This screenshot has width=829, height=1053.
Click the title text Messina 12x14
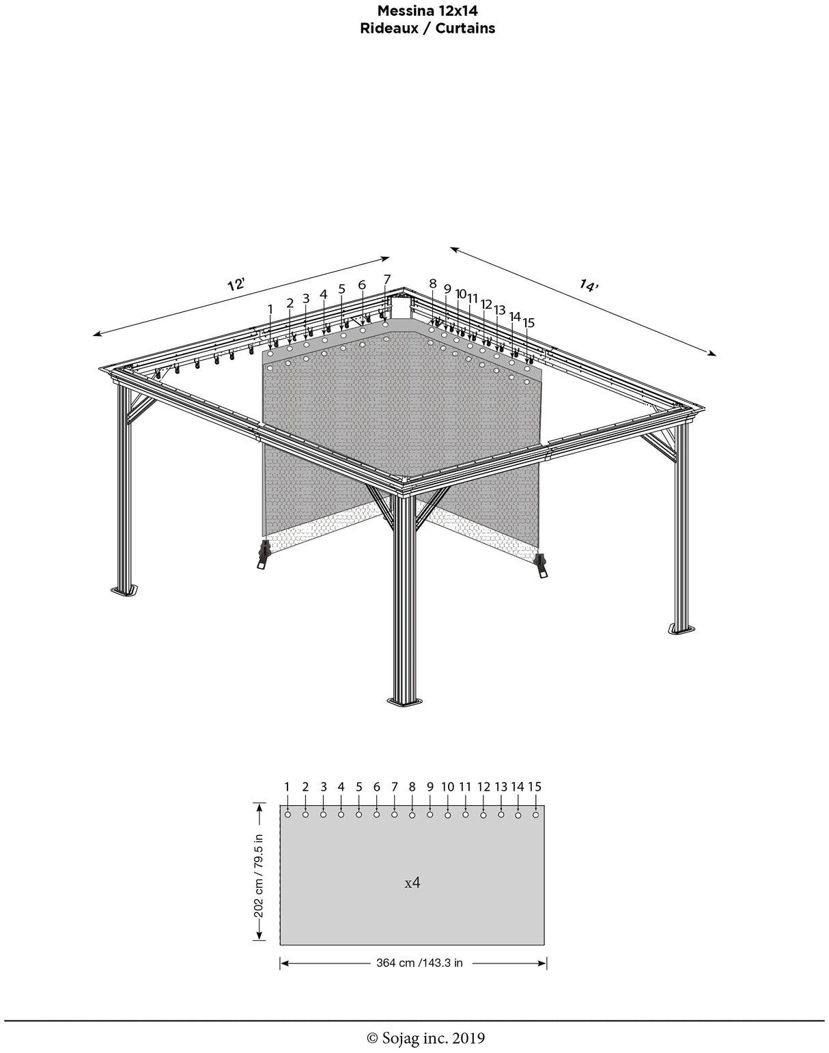[x=427, y=11]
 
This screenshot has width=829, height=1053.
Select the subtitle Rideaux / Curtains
[x=427, y=28]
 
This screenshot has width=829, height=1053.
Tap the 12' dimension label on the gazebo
[x=236, y=284]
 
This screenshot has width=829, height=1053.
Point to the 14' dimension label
[x=588, y=285]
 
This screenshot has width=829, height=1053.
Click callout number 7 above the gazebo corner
[x=387, y=279]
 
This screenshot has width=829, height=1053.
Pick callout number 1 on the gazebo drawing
[x=270, y=309]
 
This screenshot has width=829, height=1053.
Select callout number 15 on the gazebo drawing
[x=529, y=322]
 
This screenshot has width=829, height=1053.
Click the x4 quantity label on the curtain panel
[x=412, y=882]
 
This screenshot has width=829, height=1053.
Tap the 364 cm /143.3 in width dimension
[x=419, y=963]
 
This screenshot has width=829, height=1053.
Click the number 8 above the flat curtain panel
[x=412, y=787]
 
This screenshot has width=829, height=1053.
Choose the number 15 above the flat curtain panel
[x=535, y=787]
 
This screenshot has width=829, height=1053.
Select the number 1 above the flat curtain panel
[x=287, y=787]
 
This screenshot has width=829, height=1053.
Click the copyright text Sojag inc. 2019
[x=426, y=1038]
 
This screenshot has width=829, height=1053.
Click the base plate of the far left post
[x=125, y=589]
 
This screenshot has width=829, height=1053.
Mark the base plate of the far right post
[x=682, y=628]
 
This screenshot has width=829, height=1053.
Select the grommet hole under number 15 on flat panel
[x=535, y=815]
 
